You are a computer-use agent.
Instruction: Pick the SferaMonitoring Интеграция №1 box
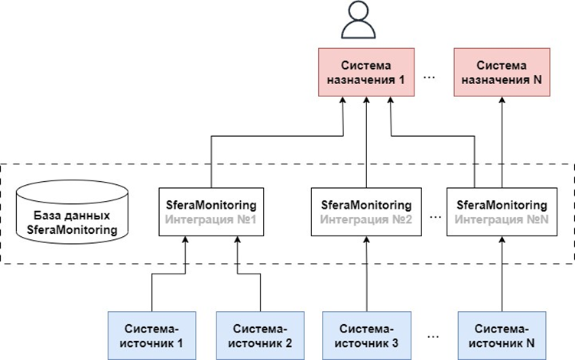(210, 212)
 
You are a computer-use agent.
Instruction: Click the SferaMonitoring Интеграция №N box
(502, 212)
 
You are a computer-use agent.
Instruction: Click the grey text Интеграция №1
(210, 219)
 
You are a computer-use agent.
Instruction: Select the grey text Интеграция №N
(502, 219)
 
